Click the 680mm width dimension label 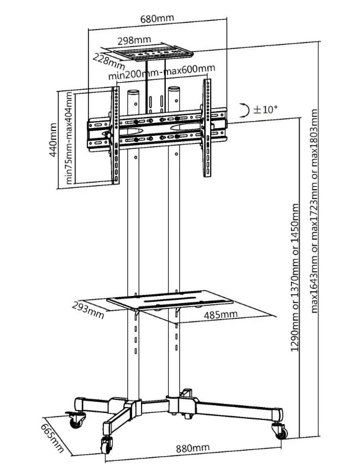click(156, 18)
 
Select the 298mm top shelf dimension click(133, 41)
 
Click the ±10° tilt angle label click(265, 109)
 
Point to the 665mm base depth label click(51, 435)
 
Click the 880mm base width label click(192, 448)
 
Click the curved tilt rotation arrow click(244, 109)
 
